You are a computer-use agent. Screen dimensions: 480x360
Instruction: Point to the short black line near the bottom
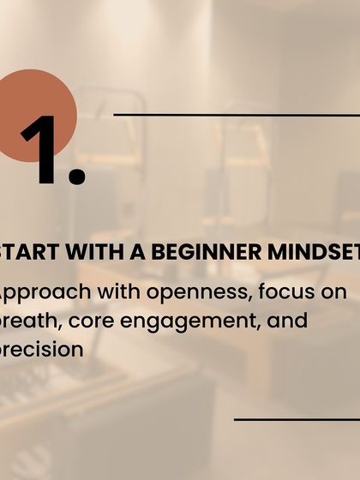(x=296, y=419)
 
